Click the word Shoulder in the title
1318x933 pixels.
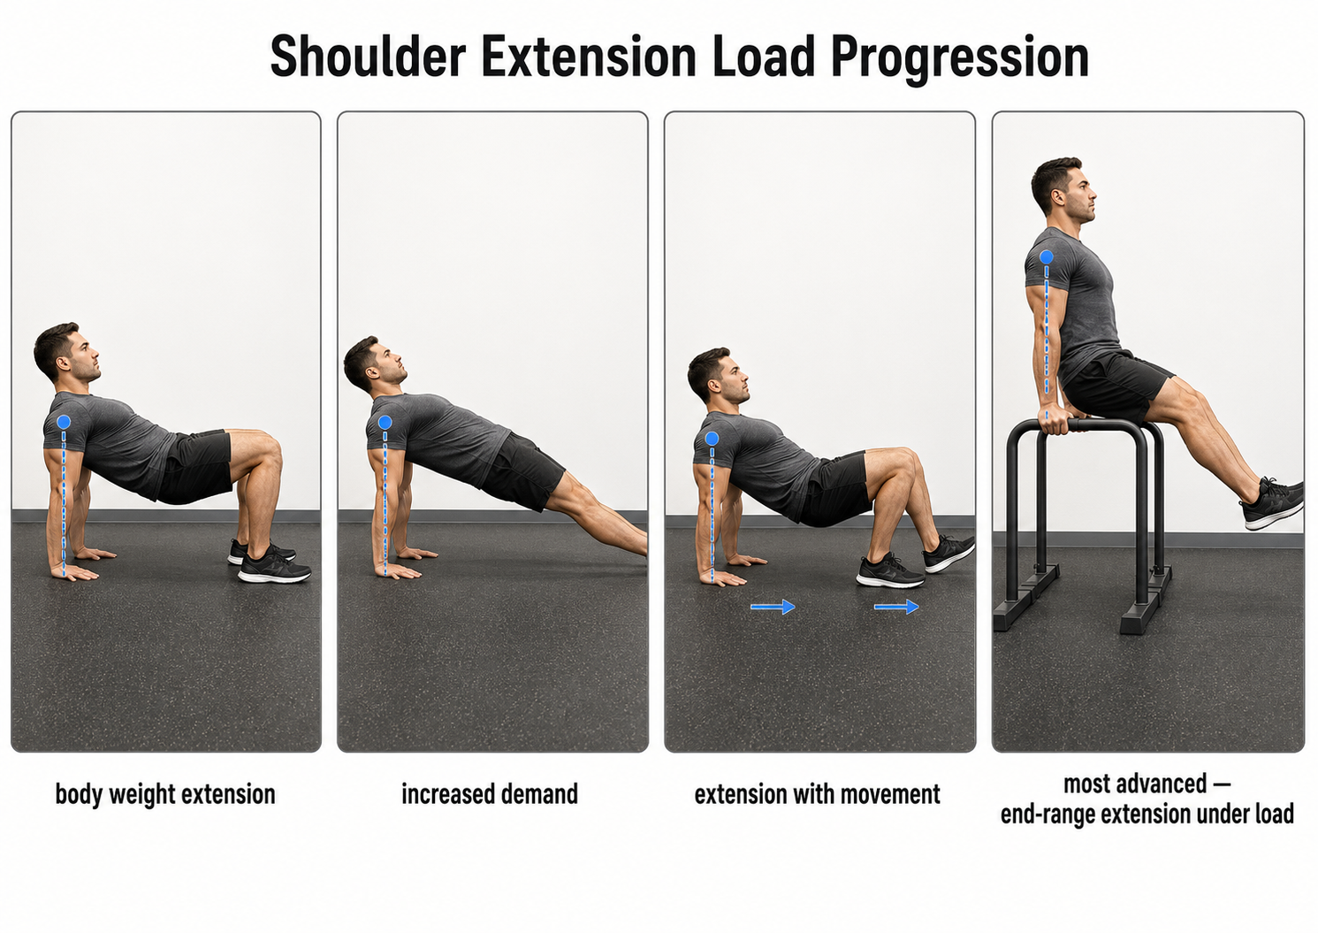[x=368, y=56]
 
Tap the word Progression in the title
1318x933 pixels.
[x=960, y=59]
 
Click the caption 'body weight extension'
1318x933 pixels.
[x=165, y=794]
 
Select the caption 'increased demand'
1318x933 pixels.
[x=490, y=793]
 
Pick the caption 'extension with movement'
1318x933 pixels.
[x=817, y=794]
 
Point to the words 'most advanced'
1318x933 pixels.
[x=1135, y=784]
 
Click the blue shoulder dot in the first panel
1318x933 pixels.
[x=65, y=422]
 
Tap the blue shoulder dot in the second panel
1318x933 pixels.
[x=385, y=422]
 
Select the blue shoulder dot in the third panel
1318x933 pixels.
[x=712, y=439]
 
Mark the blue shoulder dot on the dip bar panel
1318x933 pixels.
[x=1046, y=257]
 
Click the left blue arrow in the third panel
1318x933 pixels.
[x=773, y=607]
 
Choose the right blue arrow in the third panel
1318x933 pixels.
[x=896, y=607]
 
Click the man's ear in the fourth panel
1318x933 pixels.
[x=1059, y=196]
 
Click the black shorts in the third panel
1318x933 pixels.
[x=839, y=488]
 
